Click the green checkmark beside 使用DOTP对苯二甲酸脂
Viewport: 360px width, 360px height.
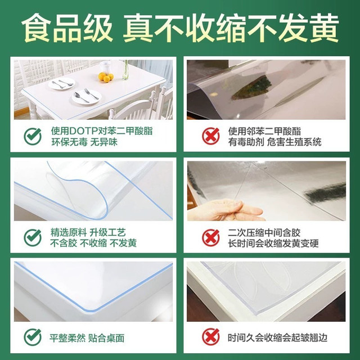click(x=33, y=136)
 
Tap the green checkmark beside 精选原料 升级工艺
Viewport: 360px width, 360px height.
click(x=33, y=237)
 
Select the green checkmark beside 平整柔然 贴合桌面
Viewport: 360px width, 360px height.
click(x=33, y=337)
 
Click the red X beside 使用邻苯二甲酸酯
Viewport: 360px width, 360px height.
click(x=211, y=136)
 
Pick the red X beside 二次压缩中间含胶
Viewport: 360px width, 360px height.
click(x=211, y=237)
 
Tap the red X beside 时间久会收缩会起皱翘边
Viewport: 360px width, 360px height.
click(x=211, y=337)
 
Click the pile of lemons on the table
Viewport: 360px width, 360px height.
click(x=106, y=77)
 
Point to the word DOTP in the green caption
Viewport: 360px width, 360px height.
click(x=84, y=131)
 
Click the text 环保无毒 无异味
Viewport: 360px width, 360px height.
click(x=84, y=142)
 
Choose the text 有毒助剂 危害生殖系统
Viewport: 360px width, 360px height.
click(x=274, y=142)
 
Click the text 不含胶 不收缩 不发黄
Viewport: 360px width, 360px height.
click(x=93, y=244)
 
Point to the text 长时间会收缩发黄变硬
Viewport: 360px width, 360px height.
click(x=273, y=244)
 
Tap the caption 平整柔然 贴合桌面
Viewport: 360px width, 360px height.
click(x=87, y=338)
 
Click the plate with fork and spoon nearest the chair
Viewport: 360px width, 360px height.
click(x=87, y=96)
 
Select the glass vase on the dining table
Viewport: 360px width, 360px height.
click(x=125, y=70)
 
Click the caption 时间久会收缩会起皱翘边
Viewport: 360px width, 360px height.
click(x=277, y=337)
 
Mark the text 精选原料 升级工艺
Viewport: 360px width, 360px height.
click(x=88, y=232)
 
